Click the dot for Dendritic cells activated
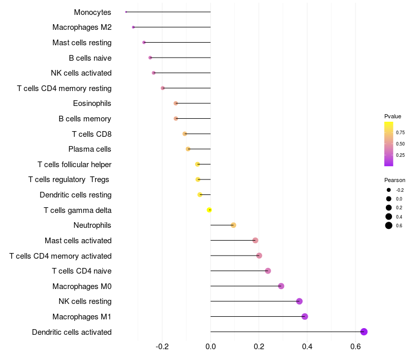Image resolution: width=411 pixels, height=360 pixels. (x=364, y=332)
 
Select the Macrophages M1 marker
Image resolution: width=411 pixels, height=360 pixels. (x=305, y=316)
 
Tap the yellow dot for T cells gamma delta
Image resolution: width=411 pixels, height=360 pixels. (x=209, y=210)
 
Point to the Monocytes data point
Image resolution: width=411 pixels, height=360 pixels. (x=126, y=12)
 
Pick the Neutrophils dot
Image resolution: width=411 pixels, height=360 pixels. (x=233, y=225)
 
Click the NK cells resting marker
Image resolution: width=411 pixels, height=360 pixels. (x=300, y=301)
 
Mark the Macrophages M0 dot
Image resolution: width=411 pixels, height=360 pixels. (x=281, y=286)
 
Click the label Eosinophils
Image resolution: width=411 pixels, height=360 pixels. (x=92, y=103)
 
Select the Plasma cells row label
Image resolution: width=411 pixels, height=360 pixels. (x=90, y=149)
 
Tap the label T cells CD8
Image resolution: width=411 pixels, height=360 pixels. (x=91, y=134)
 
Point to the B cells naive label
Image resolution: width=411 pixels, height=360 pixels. (x=90, y=58)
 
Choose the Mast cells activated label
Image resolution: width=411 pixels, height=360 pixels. (x=78, y=240)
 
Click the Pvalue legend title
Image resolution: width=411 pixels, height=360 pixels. (x=393, y=116)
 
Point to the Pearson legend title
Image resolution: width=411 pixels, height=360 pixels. (x=395, y=180)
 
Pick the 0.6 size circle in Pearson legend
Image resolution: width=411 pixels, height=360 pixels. (x=389, y=225)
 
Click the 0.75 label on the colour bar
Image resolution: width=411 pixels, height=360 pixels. (x=400, y=132)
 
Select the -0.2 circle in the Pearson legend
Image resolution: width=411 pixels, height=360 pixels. (x=389, y=190)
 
